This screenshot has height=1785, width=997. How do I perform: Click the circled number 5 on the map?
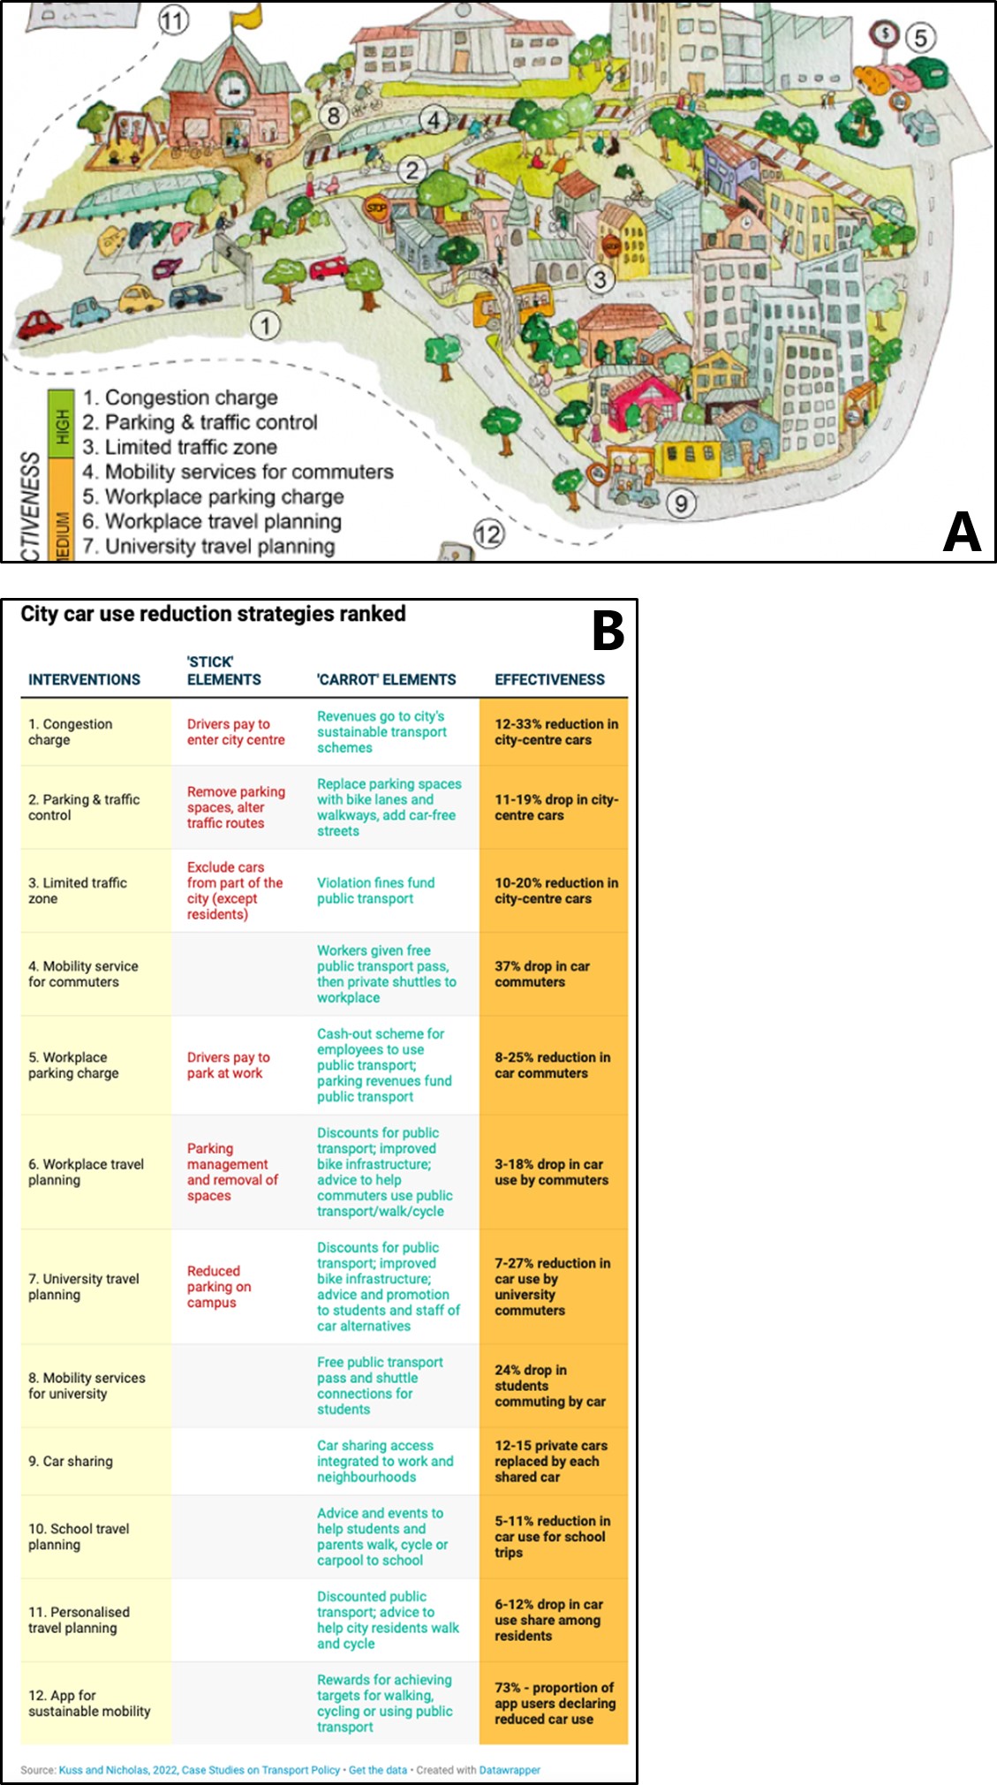tap(920, 38)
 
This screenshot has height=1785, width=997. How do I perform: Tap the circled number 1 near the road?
tap(265, 325)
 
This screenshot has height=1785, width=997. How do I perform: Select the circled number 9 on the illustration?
tap(681, 503)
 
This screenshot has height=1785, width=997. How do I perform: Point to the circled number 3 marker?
tap(600, 279)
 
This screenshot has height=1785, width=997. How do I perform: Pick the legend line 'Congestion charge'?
tap(180, 398)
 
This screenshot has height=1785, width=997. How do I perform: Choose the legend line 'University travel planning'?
tap(209, 547)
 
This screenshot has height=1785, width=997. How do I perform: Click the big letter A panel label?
tap(962, 532)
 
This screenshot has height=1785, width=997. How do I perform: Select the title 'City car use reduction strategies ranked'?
tap(213, 614)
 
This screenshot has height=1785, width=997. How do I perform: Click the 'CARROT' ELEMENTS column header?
tap(387, 679)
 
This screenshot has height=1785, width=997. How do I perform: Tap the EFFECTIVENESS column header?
tap(549, 679)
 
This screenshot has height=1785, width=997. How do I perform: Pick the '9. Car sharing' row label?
tap(71, 1461)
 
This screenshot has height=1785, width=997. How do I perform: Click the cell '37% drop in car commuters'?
tap(542, 974)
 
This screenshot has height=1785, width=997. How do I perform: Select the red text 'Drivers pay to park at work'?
tap(229, 1065)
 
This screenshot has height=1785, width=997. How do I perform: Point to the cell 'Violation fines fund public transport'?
tap(376, 890)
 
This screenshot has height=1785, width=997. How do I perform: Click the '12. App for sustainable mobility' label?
tap(89, 1703)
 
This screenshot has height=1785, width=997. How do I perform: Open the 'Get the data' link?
tap(378, 1770)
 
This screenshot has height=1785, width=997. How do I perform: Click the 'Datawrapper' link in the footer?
tap(510, 1770)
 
